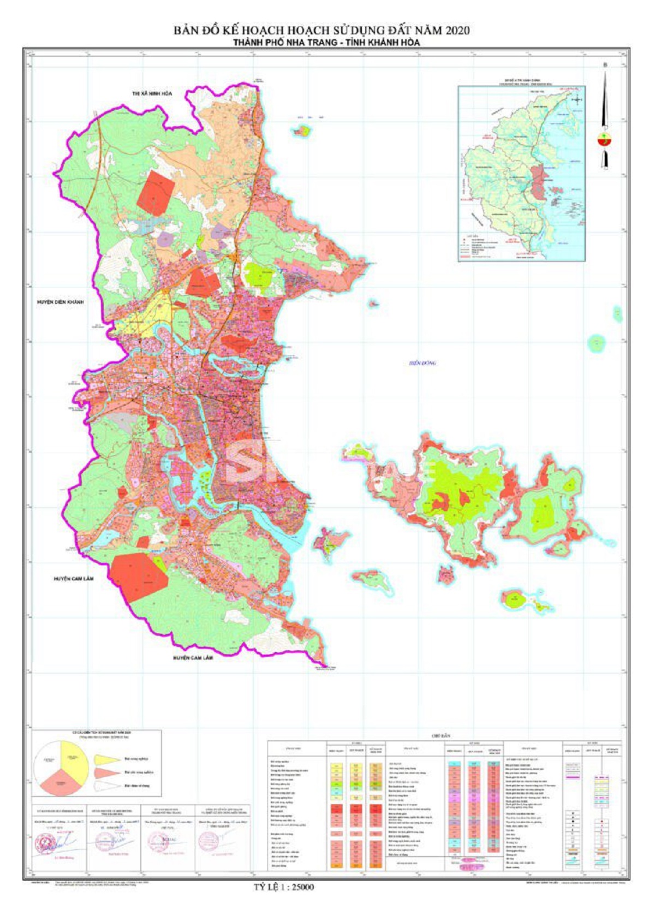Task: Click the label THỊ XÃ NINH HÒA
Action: pyautogui.click(x=152, y=94)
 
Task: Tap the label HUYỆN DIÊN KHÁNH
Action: pyautogui.click(x=61, y=302)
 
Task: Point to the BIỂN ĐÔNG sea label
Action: pyautogui.click(x=423, y=363)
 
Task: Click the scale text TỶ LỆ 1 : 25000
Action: pyautogui.click(x=281, y=887)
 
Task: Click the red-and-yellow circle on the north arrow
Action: pyautogui.click(x=604, y=139)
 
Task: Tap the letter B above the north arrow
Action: pyautogui.click(x=604, y=66)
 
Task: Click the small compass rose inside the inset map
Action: pyautogui.click(x=577, y=100)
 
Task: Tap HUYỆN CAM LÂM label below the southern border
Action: pyautogui.click(x=193, y=658)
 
